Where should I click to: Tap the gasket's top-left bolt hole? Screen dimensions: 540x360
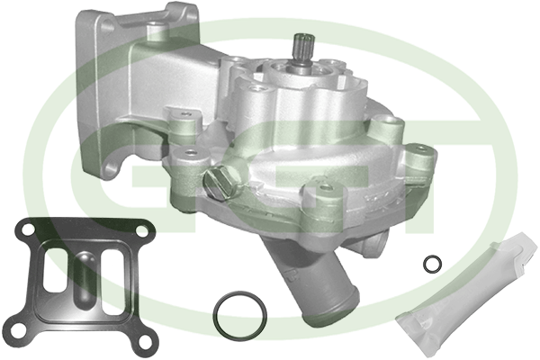coord(28,229)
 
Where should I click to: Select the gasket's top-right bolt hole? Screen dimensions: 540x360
coord(142,230)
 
